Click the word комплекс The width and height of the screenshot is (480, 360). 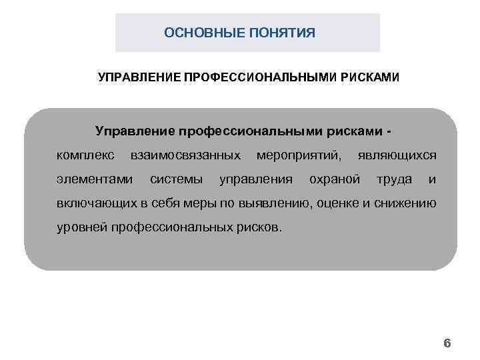tap(85, 155)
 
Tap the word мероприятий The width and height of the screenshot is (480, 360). tap(299, 155)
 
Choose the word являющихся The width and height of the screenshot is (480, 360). tap(397, 155)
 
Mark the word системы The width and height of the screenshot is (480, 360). tap(177, 179)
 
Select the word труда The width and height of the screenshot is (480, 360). tap(394, 179)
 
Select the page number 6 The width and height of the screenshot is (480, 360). tap(447, 344)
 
